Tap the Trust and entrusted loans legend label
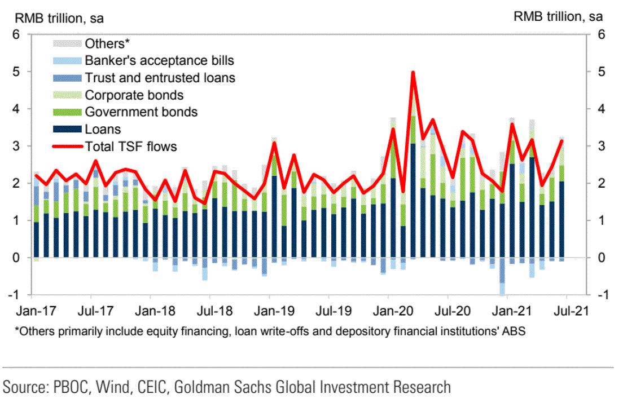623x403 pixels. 160,78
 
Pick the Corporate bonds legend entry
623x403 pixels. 134,95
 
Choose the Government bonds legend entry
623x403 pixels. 141,112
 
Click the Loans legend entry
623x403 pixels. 103,129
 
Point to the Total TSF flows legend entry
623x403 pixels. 131,147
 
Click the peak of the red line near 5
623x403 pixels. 413,72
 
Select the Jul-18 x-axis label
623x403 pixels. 209,311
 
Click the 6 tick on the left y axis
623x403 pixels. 17,35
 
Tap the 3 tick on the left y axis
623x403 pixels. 17,146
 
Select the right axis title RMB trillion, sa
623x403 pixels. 558,17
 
